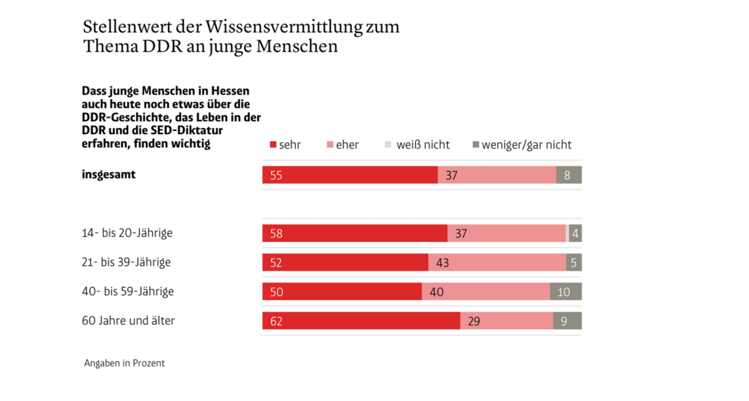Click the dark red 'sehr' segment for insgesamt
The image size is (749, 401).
(350, 175)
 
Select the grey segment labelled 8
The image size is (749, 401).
(569, 175)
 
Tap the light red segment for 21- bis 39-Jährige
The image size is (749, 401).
(497, 263)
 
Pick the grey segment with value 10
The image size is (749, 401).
(565, 291)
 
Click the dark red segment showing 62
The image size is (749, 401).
(361, 321)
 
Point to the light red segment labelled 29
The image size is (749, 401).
(507, 321)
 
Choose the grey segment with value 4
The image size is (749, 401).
(575, 233)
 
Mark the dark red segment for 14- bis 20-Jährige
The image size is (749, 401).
(355, 233)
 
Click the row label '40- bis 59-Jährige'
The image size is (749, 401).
(128, 291)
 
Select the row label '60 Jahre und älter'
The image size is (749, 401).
(128, 321)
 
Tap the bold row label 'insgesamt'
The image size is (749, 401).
(109, 175)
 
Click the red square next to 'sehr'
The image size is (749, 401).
(273, 145)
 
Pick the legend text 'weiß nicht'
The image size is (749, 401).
(423, 145)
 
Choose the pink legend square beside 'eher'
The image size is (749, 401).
(330, 145)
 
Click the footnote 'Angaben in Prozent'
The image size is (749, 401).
(124, 363)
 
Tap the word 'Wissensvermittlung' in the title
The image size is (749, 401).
(284, 27)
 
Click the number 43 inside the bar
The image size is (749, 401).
(443, 263)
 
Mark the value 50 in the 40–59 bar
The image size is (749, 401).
(277, 292)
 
